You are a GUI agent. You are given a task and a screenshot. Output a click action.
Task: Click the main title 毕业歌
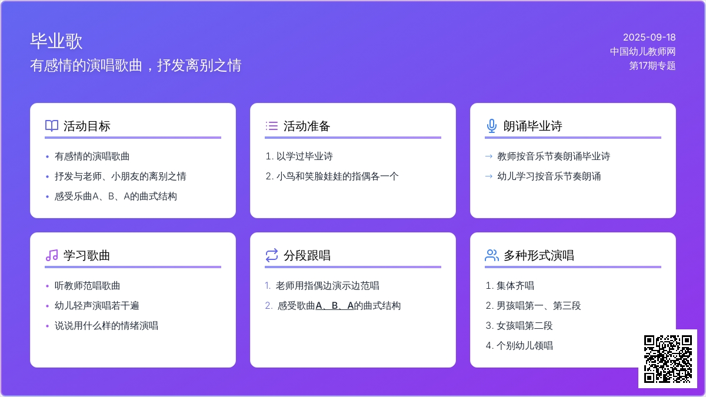point(56,41)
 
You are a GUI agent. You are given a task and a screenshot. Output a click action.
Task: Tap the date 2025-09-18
point(650,37)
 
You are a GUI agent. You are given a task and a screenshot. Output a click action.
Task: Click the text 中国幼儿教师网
point(642,51)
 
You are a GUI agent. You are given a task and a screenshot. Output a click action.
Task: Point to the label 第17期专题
point(652,65)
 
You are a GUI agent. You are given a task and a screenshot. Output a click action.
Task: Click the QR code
point(668,359)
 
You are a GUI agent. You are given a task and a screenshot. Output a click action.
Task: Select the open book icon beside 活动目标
point(52,126)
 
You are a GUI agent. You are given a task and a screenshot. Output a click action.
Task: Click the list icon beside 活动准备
point(272,126)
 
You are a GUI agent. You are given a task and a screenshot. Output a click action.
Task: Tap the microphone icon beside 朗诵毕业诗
point(492,126)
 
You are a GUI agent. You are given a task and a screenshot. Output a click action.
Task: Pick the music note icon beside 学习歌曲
point(52,255)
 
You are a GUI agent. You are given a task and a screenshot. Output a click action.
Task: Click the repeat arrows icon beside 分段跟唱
point(272,255)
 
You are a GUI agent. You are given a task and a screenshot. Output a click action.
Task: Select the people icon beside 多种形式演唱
point(492,255)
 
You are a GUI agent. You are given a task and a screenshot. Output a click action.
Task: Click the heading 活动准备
point(307,126)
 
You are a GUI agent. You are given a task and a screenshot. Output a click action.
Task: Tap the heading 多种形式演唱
point(539,255)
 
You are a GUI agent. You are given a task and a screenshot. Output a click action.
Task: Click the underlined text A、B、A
point(334,306)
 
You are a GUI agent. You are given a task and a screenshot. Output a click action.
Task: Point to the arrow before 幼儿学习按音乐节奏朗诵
point(488,176)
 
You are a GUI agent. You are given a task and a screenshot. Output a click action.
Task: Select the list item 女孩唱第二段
point(524,325)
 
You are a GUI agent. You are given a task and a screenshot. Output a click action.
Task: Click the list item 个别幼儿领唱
point(524,346)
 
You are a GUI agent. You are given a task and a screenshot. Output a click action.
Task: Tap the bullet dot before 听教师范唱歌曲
point(47,286)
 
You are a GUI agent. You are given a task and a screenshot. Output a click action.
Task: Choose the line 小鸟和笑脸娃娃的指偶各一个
point(337,176)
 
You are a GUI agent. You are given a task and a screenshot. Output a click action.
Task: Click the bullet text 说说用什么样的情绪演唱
point(106,325)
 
